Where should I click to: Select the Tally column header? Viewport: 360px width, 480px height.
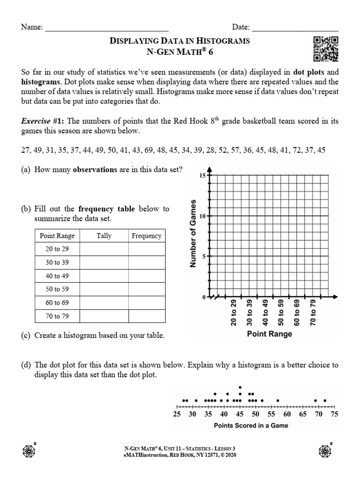tap(104, 236)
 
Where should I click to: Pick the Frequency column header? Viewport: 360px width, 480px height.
tap(146, 236)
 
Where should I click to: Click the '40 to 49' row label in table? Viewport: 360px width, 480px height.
tap(57, 276)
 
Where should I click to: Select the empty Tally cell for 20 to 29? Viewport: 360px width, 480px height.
tap(104, 249)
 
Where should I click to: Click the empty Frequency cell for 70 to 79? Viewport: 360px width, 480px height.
tap(146, 316)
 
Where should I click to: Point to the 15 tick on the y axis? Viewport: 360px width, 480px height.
tap(203, 175)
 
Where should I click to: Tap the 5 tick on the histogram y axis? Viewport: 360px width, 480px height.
tap(204, 256)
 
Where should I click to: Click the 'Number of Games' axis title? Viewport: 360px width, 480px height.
tap(192, 233)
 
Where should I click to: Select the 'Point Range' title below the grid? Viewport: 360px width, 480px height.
tap(270, 334)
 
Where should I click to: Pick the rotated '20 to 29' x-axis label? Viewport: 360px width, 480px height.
tap(233, 313)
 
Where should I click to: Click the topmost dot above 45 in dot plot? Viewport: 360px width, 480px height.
tap(240, 387)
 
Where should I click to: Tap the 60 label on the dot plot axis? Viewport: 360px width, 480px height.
tap(287, 414)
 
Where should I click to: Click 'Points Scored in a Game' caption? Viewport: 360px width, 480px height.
tap(251, 426)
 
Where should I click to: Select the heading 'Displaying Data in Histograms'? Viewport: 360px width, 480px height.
tap(180, 41)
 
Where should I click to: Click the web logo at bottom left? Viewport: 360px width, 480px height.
tap(30, 450)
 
